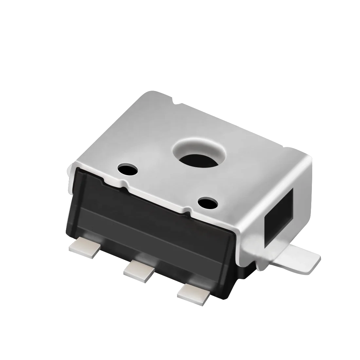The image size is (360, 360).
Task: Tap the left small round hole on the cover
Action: point(128,169)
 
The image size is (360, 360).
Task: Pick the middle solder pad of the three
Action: point(139,270)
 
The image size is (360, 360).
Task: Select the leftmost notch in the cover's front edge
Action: point(104,180)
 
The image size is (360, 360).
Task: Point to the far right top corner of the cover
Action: point(309,158)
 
